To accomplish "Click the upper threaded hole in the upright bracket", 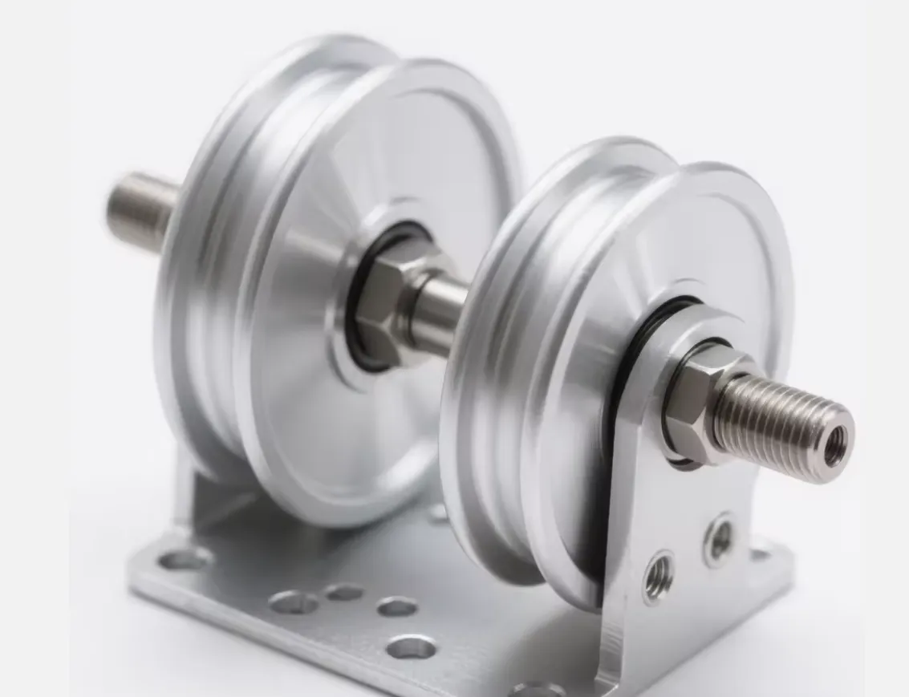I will (x=718, y=538).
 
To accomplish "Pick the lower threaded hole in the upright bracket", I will (x=659, y=574).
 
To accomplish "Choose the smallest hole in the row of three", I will (x=344, y=593).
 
